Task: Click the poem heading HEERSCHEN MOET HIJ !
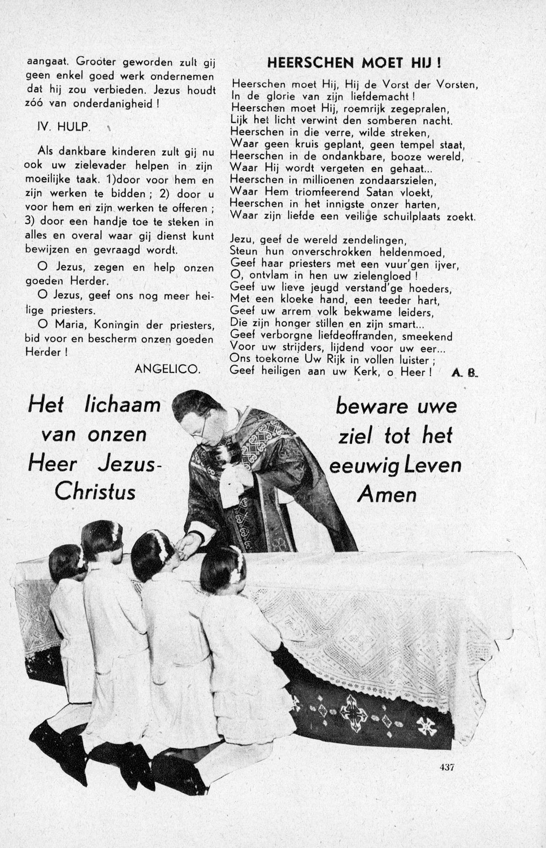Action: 354,62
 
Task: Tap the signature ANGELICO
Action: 167,369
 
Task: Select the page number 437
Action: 447,767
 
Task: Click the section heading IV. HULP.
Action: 63,127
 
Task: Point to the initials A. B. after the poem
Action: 465,372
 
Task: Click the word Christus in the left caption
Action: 95,491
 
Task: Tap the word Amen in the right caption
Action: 388,495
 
